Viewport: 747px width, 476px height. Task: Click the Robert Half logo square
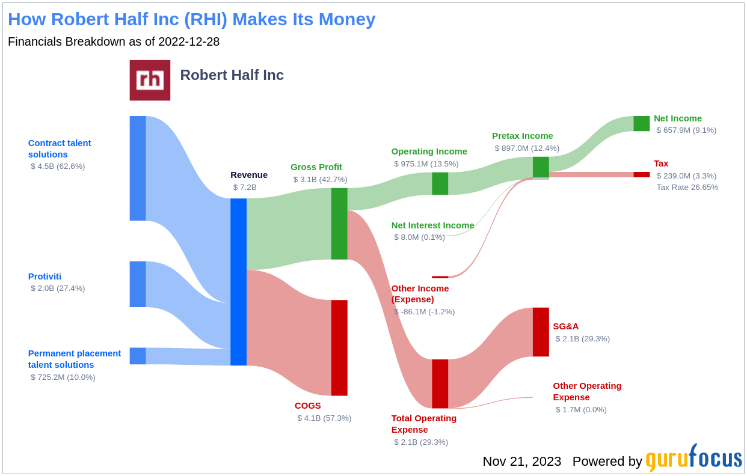click(150, 80)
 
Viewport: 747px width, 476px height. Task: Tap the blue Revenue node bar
click(238, 281)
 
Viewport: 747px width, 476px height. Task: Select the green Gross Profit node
click(339, 224)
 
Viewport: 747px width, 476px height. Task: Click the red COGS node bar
click(339, 347)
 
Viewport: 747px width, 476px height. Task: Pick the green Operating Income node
click(440, 183)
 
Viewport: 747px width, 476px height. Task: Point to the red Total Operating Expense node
click(440, 383)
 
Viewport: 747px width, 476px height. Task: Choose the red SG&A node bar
click(541, 332)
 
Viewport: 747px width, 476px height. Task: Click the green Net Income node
click(641, 123)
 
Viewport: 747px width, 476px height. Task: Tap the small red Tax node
click(641, 174)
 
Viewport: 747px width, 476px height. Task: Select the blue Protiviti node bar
click(138, 284)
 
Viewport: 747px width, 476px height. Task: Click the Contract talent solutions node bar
click(138, 168)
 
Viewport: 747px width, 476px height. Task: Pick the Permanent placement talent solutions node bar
click(138, 356)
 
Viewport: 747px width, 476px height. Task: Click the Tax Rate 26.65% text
click(687, 188)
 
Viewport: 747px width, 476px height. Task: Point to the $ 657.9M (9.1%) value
click(686, 130)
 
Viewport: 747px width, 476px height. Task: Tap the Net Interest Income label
click(432, 225)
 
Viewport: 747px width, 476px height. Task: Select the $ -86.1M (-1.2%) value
click(424, 312)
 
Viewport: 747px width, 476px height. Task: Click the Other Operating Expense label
click(587, 391)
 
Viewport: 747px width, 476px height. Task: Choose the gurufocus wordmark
click(693, 459)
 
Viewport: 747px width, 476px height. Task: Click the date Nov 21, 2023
click(521, 462)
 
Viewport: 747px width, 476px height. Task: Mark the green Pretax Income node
click(541, 167)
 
